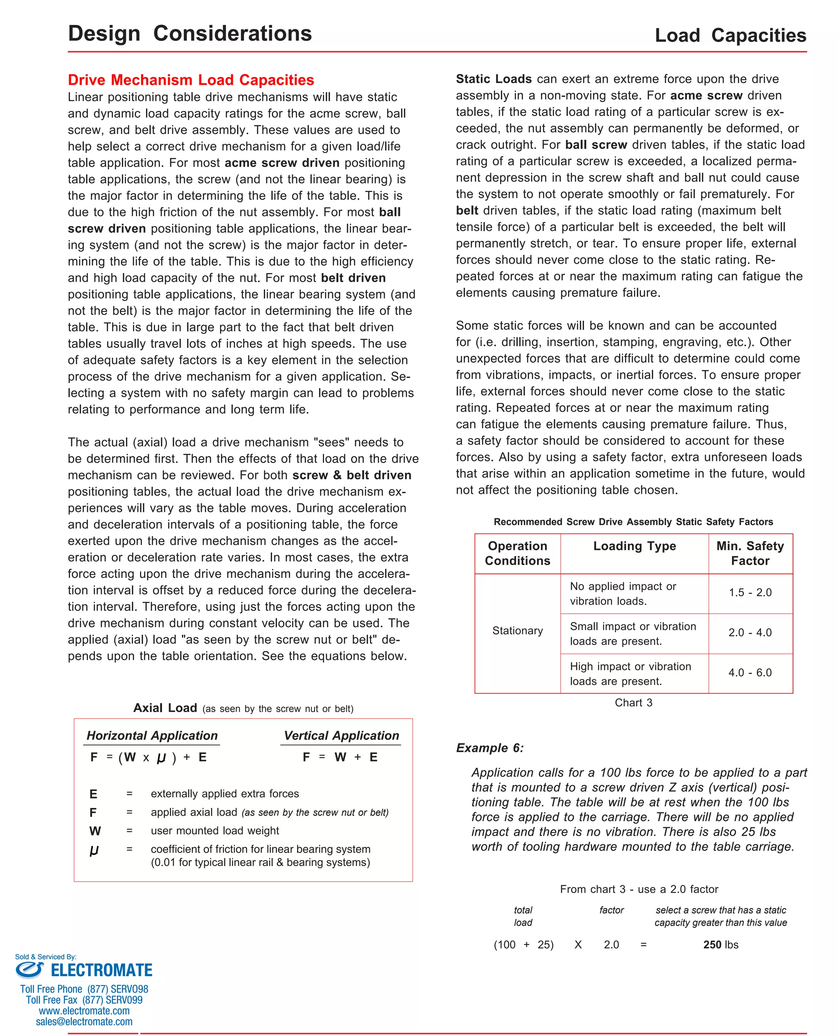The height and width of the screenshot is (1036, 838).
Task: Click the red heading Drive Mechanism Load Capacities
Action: click(x=191, y=80)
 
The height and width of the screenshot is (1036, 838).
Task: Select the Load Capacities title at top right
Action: click(x=730, y=35)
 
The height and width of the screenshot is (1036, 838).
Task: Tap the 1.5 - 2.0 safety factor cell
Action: click(x=750, y=592)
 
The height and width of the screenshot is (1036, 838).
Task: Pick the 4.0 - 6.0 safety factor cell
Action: click(x=750, y=672)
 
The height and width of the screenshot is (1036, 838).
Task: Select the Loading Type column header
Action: click(x=634, y=546)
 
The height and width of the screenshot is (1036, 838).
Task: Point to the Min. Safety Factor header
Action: click(x=750, y=553)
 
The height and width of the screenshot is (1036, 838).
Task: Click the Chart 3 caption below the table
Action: click(x=633, y=702)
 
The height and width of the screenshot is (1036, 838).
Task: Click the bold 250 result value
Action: click(x=712, y=944)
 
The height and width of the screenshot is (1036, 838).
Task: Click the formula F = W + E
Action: click(x=340, y=757)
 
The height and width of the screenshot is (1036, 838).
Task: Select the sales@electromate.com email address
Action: click(x=84, y=1022)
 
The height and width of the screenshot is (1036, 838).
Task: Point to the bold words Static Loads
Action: click(x=493, y=79)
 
